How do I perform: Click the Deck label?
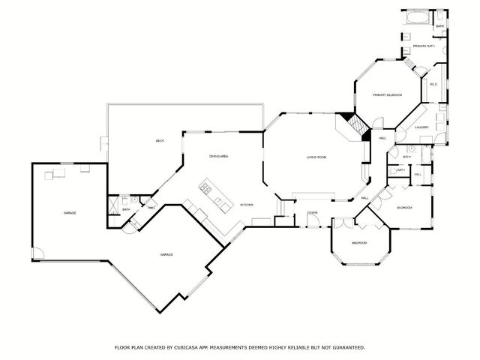[160, 141]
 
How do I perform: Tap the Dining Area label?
[219, 156]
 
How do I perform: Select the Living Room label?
[316, 157]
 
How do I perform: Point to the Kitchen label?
[246, 205]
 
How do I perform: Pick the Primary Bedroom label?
[388, 95]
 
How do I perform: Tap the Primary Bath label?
[424, 46]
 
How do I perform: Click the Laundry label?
[422, 127]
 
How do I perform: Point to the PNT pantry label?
[151, 208]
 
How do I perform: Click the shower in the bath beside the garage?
[115, 203]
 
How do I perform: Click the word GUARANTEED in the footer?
[347, 347]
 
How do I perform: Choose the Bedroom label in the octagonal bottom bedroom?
[359, 243]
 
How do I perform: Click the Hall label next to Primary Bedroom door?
[382, 139]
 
